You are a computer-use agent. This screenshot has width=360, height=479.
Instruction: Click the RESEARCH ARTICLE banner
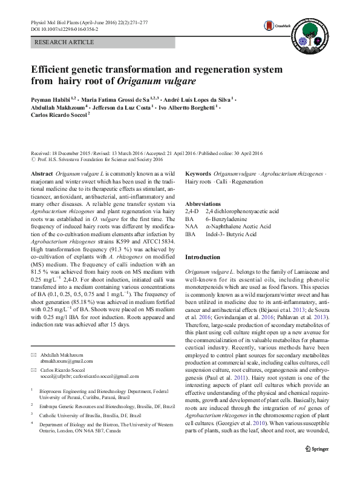[x=65, y=42]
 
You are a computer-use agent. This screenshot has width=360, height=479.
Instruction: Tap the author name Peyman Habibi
[x=50, y=97]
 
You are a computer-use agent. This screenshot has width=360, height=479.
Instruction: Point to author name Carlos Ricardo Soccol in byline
[x=59, y=113]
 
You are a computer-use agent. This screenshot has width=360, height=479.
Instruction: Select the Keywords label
[x=198, y=173]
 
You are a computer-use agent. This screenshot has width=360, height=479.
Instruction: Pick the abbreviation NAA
[x=191, y=226]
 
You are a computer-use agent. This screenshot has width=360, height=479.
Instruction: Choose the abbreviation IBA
[x=191, y=234]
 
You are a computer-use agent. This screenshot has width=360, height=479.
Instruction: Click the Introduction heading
[x=203, y=257]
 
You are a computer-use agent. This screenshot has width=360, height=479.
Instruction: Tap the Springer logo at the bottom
[x=316, y=448]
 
